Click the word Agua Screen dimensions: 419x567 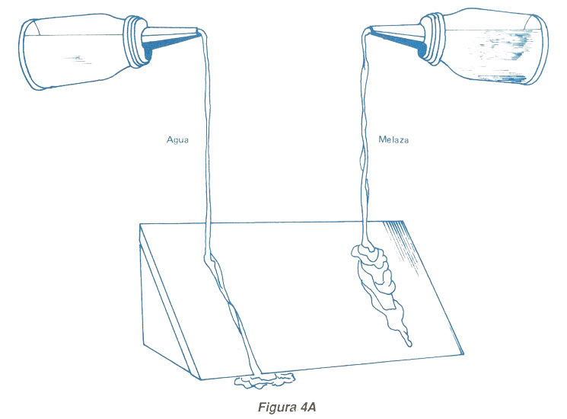coord(178,140)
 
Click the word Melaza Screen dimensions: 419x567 coord(393,140)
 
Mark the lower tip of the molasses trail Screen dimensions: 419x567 coord(409,344)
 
